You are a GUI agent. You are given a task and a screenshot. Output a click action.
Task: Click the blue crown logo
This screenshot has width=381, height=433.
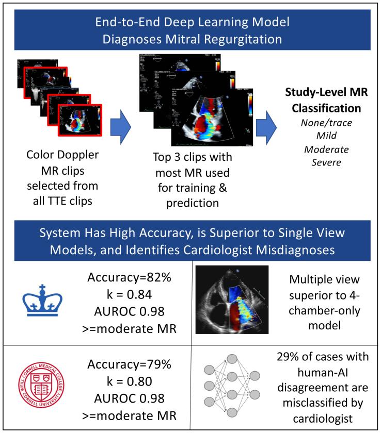click(x=43, y=299)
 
